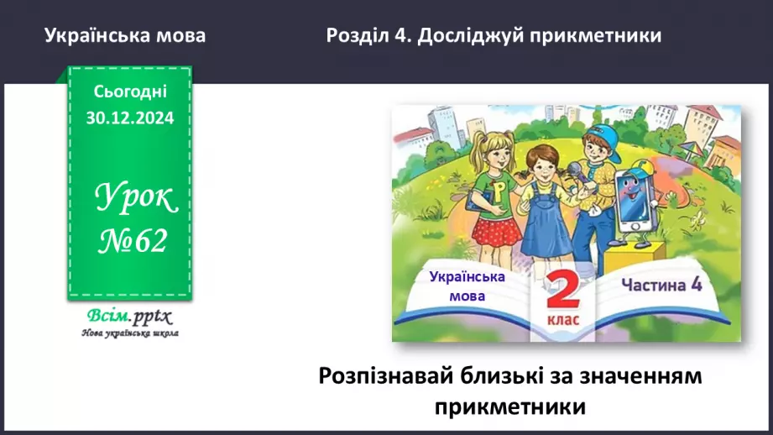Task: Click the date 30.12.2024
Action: pos(129,118)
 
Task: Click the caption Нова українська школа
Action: pos(129,333)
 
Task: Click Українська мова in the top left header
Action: pos(124,36)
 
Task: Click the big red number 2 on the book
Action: pos(563,293)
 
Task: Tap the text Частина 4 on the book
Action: pos(661,285)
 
